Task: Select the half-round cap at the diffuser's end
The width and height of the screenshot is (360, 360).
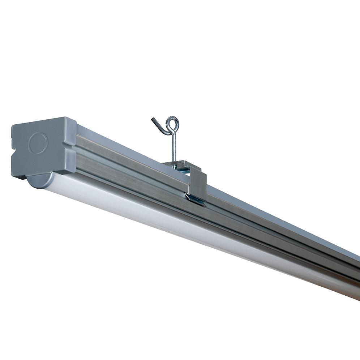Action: [39, 180]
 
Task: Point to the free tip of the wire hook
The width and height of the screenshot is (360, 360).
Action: [153, 120]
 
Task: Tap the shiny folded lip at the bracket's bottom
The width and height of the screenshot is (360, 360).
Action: [195, 198]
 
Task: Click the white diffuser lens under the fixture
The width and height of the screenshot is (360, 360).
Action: [181, 224]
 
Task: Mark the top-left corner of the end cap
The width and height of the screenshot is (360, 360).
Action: [13, 125]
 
